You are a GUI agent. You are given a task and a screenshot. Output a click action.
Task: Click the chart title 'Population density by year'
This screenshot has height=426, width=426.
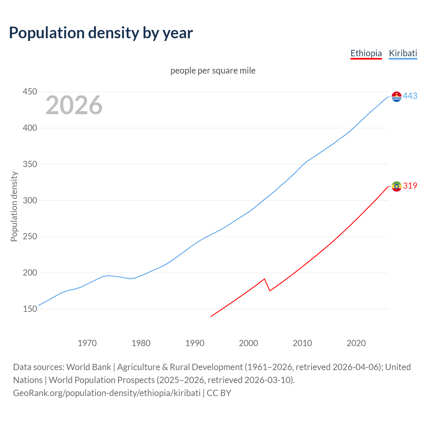pos(101,33)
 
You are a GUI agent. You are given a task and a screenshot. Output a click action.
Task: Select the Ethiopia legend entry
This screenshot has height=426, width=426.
pos(366,53)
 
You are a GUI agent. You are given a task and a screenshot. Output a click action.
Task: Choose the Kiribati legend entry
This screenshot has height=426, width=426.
pos(403,53)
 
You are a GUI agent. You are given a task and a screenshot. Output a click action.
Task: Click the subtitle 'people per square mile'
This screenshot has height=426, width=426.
pos(213,71)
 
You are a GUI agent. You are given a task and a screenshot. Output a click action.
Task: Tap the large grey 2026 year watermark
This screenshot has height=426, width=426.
pos(74,105)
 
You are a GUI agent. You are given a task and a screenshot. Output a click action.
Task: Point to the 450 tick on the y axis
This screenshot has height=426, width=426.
pos(30,92)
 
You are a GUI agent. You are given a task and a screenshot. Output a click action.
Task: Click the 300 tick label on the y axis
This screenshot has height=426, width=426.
pos(30,200)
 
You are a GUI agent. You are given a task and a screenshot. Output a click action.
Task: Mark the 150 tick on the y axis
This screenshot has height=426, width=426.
pos(30,309)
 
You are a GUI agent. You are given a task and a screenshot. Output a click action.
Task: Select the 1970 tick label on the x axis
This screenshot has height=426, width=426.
pos(87,343)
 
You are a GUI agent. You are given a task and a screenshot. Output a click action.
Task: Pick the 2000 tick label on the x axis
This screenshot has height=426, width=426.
pos(249,343)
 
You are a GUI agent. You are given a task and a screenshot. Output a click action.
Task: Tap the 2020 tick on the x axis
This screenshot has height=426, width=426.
pos(356,343)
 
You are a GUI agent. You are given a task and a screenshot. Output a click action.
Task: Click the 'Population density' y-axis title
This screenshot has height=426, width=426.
pos(14,206)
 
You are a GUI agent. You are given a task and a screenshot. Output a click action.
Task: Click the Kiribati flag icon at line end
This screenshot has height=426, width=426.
pos(396,97)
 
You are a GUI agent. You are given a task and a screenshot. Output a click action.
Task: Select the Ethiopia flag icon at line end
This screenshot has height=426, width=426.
pos(396,186)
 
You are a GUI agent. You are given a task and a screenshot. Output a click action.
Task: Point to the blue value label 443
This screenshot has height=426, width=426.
pos(410,96)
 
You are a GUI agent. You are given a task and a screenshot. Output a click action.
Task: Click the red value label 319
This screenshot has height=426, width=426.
pos(410,186)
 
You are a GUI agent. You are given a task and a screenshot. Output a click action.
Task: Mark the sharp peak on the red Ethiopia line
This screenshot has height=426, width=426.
pos(264,279)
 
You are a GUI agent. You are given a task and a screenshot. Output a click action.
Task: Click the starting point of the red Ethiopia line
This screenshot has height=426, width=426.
pos(211,316)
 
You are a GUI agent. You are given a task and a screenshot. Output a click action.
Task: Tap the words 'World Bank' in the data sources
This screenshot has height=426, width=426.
pos(89,367)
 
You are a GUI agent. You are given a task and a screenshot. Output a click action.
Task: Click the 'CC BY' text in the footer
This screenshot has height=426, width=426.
pos(219,393)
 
